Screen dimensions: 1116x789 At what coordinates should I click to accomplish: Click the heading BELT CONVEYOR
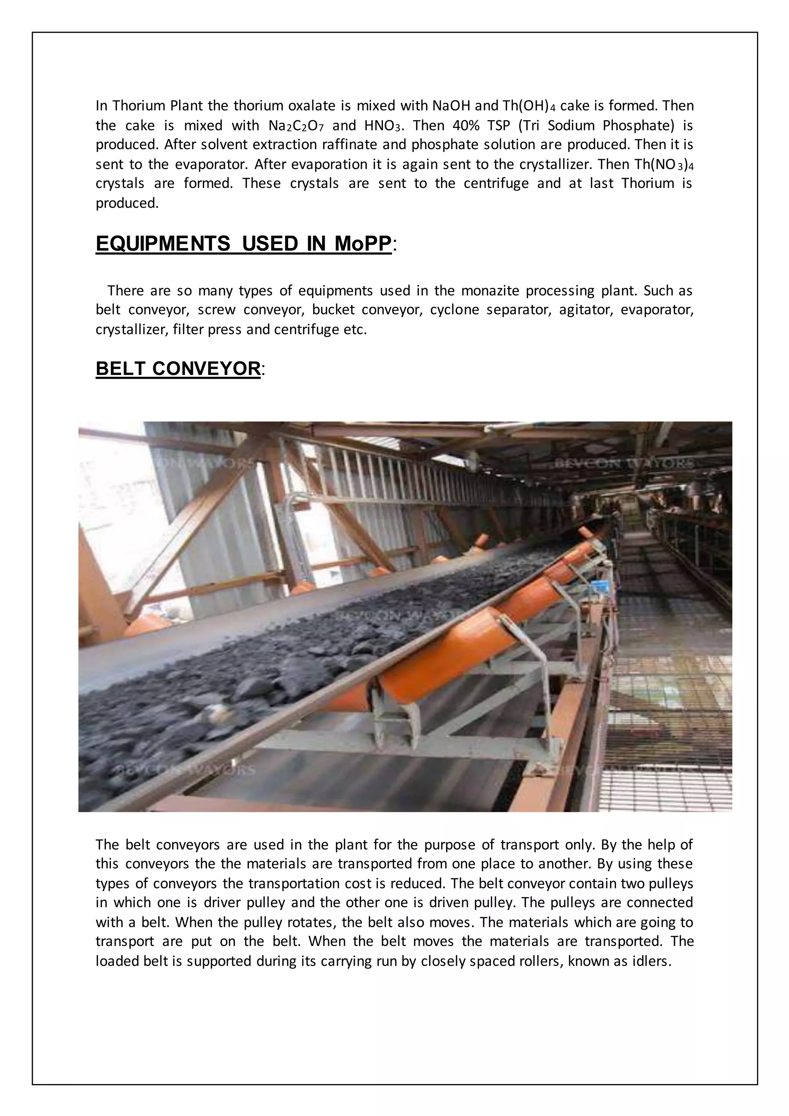178,369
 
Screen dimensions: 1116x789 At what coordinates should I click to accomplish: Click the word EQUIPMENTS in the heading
163,244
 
